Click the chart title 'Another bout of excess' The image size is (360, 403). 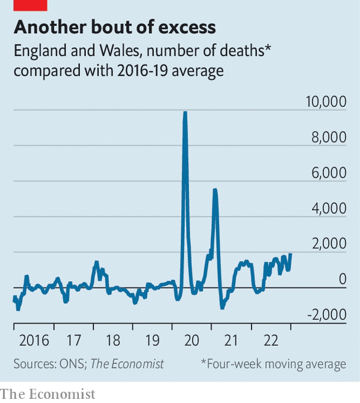pos(115,27)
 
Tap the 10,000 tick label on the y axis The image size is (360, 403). pos(326,102)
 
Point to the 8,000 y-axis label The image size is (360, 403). pos(329,137)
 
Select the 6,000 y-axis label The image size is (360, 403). pos(329,173)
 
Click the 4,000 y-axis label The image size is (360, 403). pos(329,208)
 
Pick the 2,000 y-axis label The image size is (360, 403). pos(329,244)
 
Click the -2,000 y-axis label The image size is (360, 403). pos(326,315)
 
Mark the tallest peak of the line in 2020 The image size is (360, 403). pos(185,112)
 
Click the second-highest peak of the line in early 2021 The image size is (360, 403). pos(215,189)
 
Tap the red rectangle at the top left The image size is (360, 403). pos(30,5)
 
